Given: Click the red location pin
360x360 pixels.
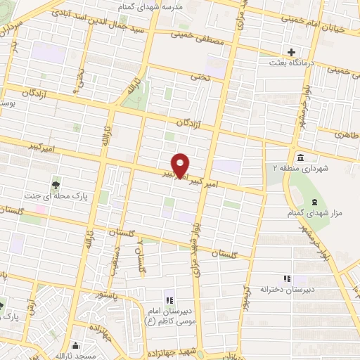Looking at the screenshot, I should [x=180, y=165].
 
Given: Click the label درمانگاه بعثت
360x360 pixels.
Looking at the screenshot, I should [x=295, y=63].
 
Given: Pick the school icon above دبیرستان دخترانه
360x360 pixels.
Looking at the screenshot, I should [x=285, y=278].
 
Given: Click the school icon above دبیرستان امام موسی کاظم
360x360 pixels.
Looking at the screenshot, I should [x=169, y=294].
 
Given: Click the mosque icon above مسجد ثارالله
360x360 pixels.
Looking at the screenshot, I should [x=76, y=346].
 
